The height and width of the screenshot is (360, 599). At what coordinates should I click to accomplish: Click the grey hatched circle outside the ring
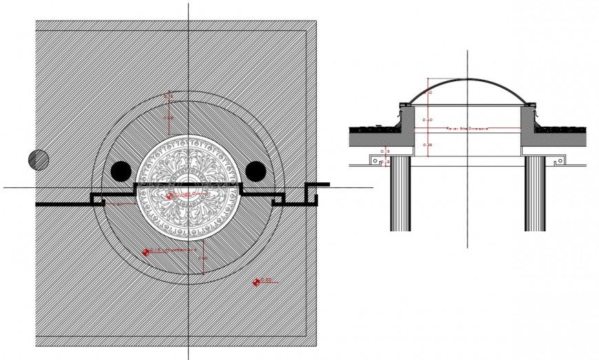[39, 160]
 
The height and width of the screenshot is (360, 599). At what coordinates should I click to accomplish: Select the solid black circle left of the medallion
[120, 171]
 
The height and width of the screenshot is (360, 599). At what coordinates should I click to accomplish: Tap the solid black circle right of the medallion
[255, 171]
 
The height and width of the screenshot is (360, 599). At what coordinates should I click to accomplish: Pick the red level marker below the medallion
[147, 252]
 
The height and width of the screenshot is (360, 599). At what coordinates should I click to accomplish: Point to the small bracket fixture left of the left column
[376, 160]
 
